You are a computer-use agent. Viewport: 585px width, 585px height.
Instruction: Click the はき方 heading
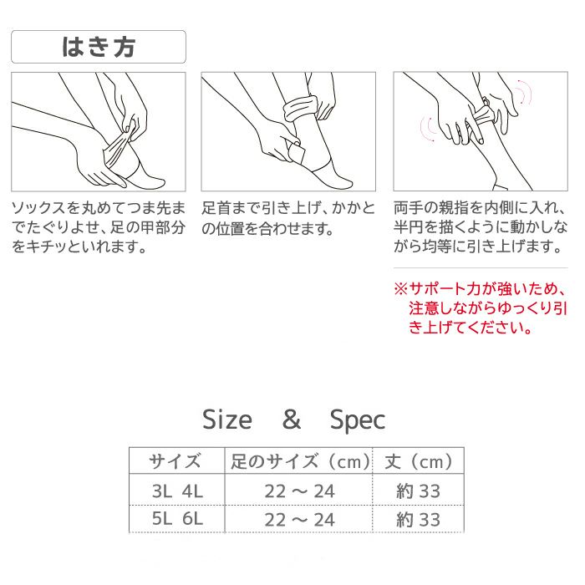point(99,47)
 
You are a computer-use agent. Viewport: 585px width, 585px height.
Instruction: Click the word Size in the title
point(226,420)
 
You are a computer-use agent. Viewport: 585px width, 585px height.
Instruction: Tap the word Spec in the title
point(358,421)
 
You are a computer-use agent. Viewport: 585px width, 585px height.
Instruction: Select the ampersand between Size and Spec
point(292,420)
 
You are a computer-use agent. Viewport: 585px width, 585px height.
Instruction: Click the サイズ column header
point(175,461)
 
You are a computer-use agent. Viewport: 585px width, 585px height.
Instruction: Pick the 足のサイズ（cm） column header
point(299,461)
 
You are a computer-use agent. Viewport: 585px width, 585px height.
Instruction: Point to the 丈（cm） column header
point(418,461)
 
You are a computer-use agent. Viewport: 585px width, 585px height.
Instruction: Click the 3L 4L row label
point(177,491)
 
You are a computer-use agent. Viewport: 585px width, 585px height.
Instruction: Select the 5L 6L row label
point(177,519)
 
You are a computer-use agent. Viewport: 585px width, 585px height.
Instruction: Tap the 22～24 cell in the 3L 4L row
point(299,491)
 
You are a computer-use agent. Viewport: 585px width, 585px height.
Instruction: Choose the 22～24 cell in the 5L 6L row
point(299,520)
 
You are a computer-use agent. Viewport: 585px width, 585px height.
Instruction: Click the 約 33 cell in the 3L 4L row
point(418,491)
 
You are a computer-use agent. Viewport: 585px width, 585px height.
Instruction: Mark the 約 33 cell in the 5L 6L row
point(418,519)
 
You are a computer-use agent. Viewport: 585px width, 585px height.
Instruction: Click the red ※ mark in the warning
point(401,289)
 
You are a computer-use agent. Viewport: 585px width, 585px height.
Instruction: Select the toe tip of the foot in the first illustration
point(164,184)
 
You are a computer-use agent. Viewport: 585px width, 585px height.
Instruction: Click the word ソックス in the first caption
point(38,208)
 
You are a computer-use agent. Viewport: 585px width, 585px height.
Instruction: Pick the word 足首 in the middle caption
point(216,208)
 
